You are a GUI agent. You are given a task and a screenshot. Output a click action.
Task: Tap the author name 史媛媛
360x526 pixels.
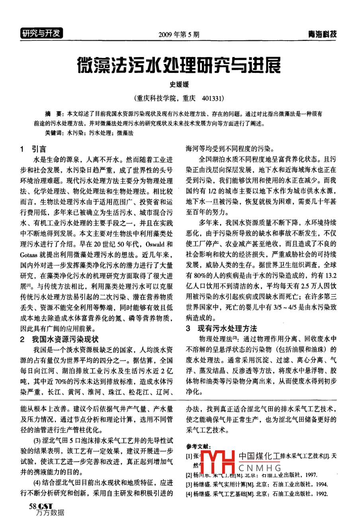coord(179,84)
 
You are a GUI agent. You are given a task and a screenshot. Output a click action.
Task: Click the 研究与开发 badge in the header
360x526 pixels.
coord(41,33)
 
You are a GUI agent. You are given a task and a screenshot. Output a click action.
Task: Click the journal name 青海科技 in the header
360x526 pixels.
coord(322,34)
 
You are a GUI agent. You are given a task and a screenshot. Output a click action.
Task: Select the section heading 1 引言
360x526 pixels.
coord(33,149)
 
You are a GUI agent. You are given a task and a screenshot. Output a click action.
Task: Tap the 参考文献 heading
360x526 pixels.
coord(199,446)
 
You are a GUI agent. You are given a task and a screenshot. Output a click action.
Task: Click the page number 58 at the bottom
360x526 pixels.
coord(32,506)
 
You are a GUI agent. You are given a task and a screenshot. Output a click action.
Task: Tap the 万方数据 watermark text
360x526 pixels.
coord(50,513)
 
